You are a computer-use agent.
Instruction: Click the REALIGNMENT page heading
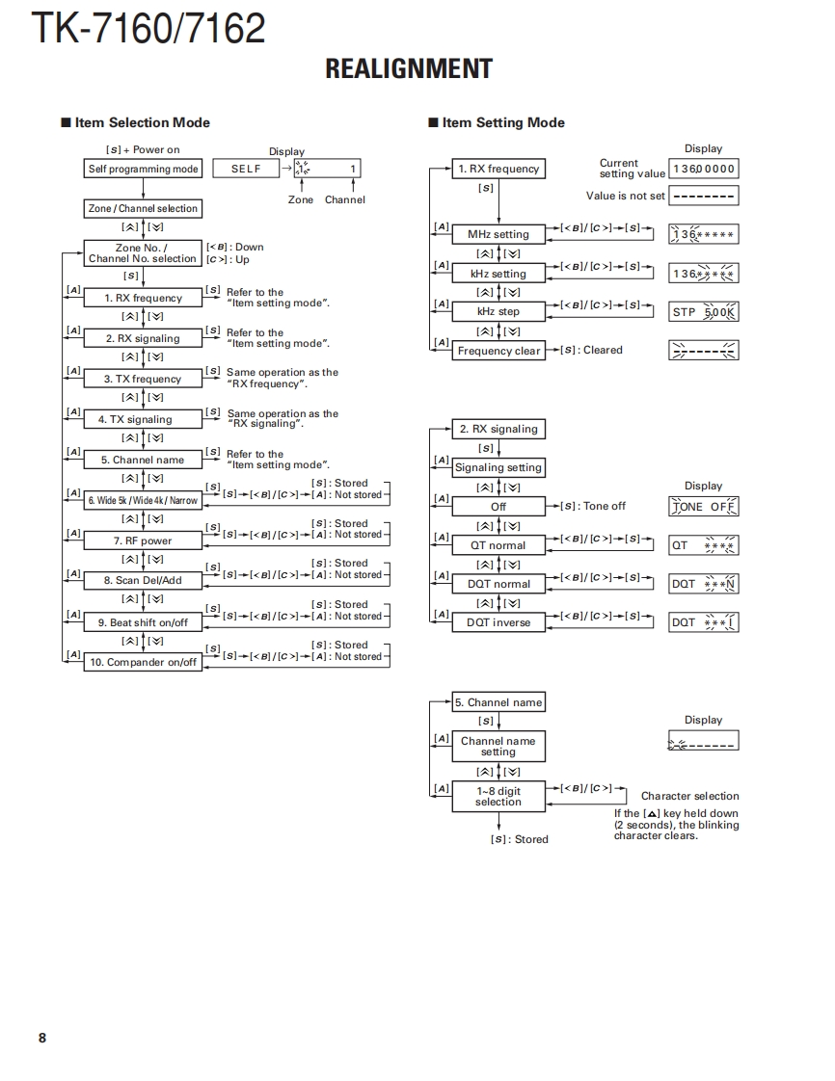[x=409, y=69]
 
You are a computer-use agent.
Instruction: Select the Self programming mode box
[x=143, y=170]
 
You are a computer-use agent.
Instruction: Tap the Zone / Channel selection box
[x=143, y=208]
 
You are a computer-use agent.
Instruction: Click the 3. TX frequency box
[x=143, y=379]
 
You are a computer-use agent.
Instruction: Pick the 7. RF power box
[x=143, y=540]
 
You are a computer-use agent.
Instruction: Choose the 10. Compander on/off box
[x=143, y=662]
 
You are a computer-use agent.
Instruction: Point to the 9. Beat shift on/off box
[x=143, y=622]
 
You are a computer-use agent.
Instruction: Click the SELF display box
[x=246, y=170]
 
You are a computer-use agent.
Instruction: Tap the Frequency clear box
[x=498, y=351]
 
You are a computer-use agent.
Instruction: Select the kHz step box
[x=498, y=311]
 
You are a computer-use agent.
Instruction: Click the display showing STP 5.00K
[x=704, y=312]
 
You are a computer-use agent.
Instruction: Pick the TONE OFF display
[x=704, y=507]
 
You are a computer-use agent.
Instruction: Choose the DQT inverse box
[x=498, y=622]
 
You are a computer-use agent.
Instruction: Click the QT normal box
[x=498, y=545]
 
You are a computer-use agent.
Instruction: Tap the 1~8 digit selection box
[x=498, y=796]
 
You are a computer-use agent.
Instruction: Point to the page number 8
[x=41, y=1038]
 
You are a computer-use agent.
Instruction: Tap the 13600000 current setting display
[x=704, y=169]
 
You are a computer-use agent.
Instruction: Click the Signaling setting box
[x=498, y=467]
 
